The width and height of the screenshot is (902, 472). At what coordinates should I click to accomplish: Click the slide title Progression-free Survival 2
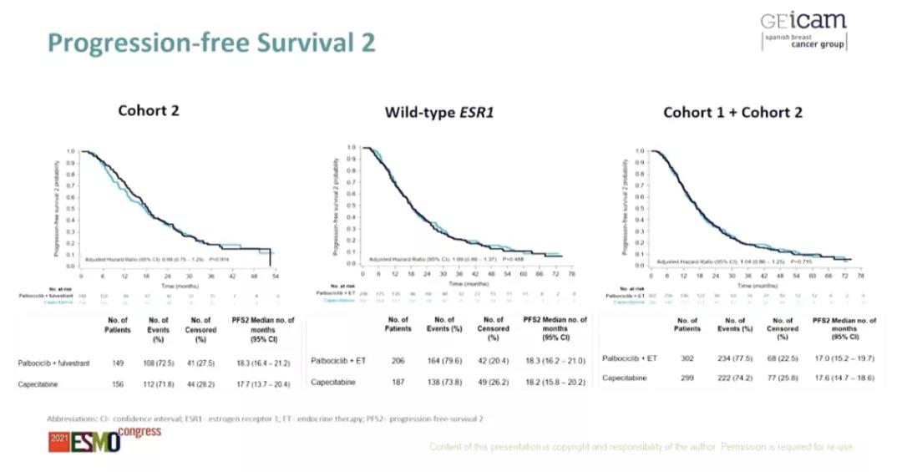tap(211, 43)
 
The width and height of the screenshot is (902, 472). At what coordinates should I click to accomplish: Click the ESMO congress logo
tap(104, 439)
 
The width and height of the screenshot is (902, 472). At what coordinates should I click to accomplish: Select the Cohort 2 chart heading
tap(149, 110)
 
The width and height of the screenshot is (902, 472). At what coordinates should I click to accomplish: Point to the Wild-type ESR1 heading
tap(439, 112)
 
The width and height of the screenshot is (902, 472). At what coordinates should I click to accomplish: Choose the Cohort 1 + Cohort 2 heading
tap(732, 112)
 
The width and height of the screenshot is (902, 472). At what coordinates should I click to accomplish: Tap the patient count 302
tap(687, 358)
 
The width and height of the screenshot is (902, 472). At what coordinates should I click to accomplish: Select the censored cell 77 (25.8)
tap(783, 378)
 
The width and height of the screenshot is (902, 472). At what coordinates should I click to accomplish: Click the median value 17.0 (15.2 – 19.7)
tap(844, 358)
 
